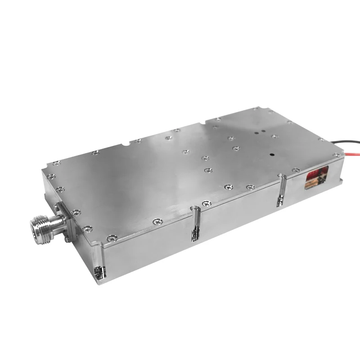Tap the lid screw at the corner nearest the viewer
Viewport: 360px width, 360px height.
(110, 237)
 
